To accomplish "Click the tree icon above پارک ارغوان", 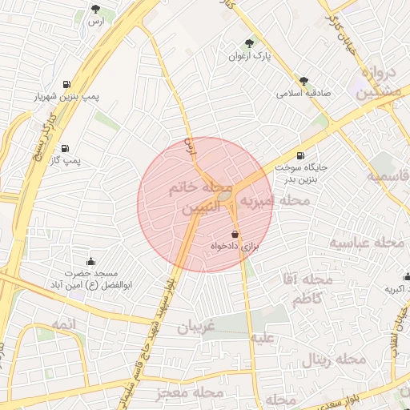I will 247,44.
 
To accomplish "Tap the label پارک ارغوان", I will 247,57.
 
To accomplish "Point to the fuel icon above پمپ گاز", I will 64,148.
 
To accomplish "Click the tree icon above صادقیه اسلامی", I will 303,80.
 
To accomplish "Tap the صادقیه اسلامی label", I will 303,93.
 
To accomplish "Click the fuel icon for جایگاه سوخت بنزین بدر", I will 300,155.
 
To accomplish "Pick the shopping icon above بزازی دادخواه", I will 234,233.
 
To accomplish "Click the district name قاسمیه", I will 388,176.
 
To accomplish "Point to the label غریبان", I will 180,328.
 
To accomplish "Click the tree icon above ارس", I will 96,10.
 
